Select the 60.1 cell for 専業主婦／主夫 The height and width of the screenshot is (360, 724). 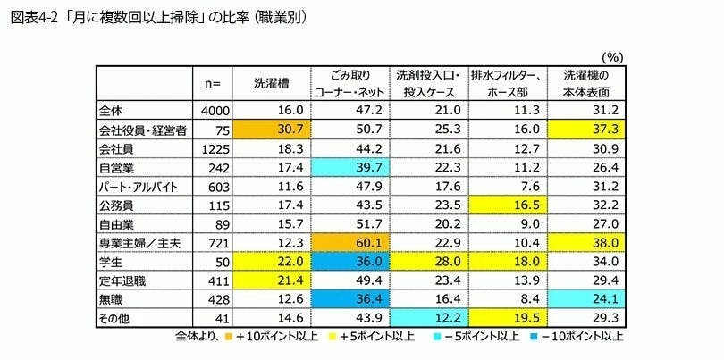point(349,243)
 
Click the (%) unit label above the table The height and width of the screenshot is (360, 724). point(616,55)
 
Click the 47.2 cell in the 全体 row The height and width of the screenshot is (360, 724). point(349,109)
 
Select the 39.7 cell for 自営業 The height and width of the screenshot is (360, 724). point(349,166)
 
